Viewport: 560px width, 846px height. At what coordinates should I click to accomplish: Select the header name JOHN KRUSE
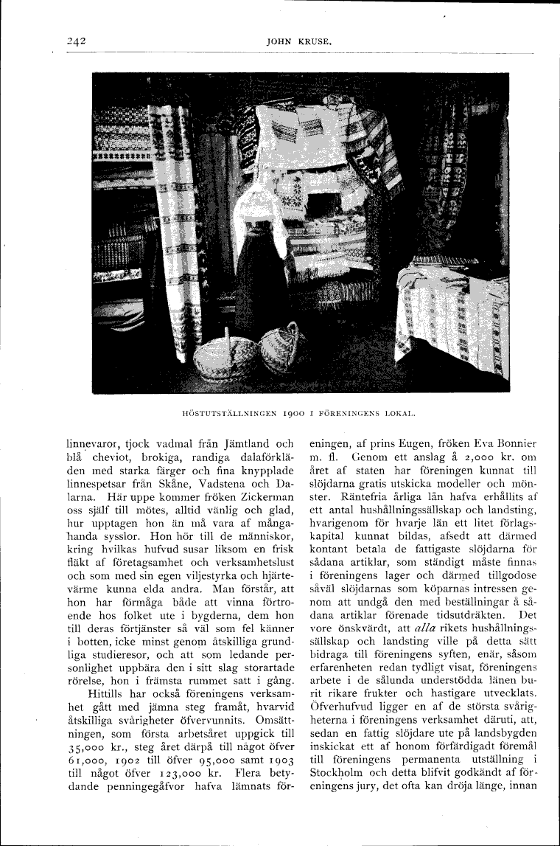tap(297, 42)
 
